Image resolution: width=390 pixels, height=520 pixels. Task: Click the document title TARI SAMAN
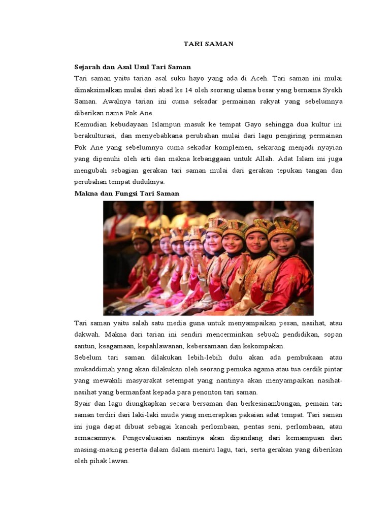click(208, 44)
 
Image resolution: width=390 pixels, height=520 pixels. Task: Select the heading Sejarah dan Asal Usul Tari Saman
click(133, 67)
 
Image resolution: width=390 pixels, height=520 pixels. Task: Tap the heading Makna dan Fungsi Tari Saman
click(126, 193)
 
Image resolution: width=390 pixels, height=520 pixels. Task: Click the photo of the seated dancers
click(208, 258)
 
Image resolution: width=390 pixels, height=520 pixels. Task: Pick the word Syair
click(83, 404)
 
